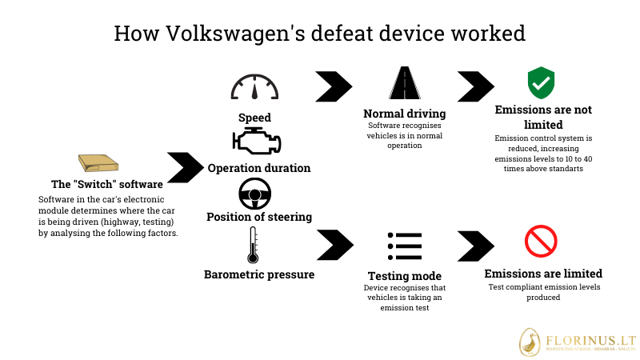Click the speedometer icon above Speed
(x=254, y=87)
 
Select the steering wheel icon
(x=255, y=194)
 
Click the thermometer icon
(x=254, y=246)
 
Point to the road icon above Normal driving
(x=404, y=84)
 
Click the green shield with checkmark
(x=541, y=82)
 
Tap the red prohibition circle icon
(x=541, y=242)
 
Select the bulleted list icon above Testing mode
(x=404, y=246)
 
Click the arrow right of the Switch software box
(x=185, y=167)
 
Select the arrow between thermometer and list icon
(x=334, y=245)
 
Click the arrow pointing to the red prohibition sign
(x=475, y=245)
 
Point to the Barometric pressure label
(x=259, y=274)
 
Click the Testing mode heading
(x=404, y=276)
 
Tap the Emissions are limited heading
(x=543, y=274)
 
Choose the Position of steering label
(x=259, y=217)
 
